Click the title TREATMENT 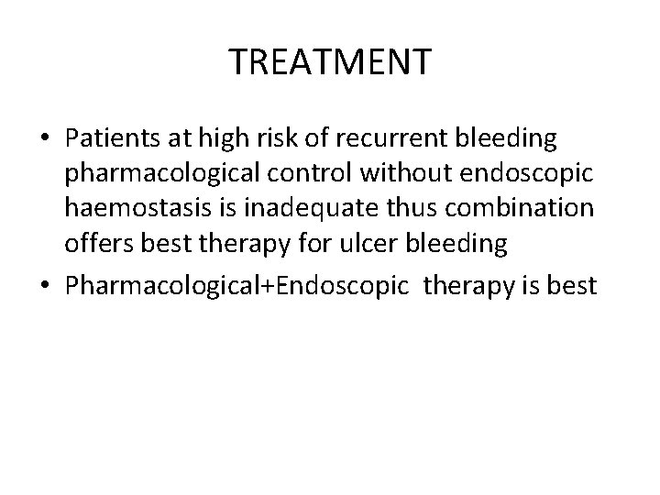click(330, 62)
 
